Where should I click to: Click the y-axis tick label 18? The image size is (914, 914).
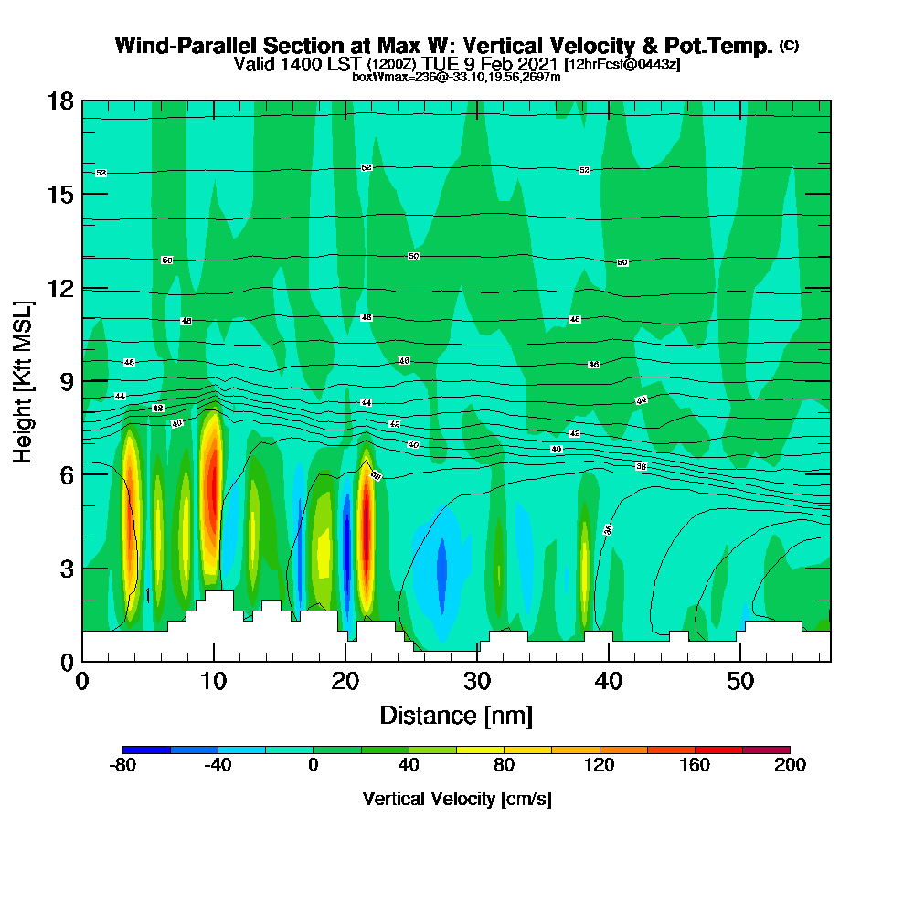click(x=60, y=101)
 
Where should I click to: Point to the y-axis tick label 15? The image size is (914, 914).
click(x=60, y=195)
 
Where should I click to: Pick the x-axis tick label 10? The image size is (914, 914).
click(x=213, y=682)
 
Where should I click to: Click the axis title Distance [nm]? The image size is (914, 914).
click(x=456, y=715)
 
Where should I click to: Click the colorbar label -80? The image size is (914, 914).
click(x=122, y=765)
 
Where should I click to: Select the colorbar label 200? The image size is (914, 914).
click(x=790, y=765)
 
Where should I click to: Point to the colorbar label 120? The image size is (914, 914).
click(x=600, y=765)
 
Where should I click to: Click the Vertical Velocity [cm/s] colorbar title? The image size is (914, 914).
click(x=456, y=799)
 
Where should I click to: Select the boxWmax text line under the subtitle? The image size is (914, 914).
click(x=456, y=77)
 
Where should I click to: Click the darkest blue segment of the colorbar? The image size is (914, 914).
click(x=146, y=749)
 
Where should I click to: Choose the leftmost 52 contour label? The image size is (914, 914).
click(x=101, y=173)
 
